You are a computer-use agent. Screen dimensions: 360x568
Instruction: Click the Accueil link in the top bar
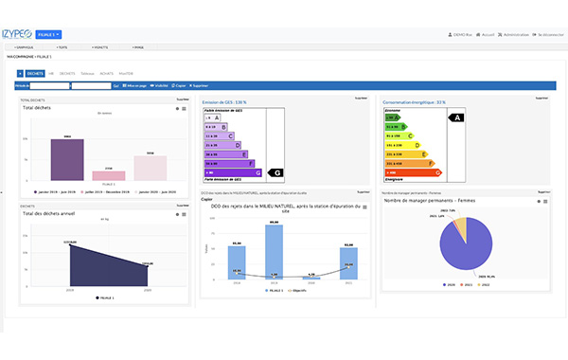click(x=487, y=35)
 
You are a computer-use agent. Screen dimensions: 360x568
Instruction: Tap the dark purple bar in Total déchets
click(x=68, y=159)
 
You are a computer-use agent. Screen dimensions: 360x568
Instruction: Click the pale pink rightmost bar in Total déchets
click(x=150, y=168)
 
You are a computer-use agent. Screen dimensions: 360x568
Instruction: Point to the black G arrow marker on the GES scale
click(x=276, y=173)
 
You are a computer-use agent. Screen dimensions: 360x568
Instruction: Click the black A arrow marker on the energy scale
click(x=456, y=118)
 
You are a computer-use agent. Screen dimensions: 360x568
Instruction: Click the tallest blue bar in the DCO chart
click(x=274, y=251)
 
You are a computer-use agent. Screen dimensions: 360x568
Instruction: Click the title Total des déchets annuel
click(x=49, y=212)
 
